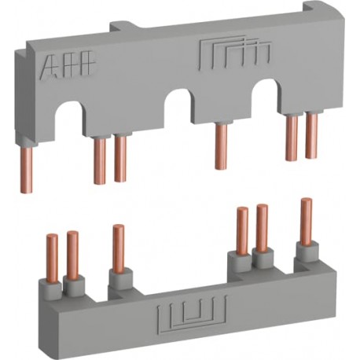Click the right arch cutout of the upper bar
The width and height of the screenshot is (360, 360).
tap(266, 95)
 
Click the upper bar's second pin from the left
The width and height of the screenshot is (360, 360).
tap(100, 160)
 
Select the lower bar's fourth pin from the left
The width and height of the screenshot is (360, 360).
tap(242, 229)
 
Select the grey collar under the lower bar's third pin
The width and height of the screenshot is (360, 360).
tap(119, 280)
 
